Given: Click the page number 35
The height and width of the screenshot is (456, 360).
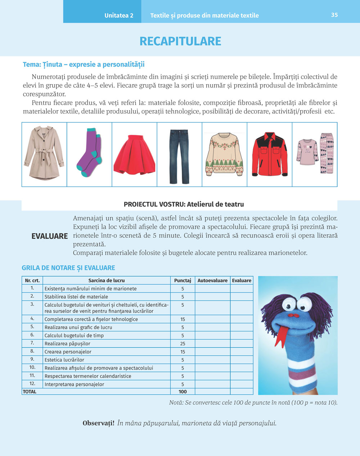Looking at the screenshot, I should point(334,15).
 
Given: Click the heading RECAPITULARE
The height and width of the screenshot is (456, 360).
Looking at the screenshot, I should point(180,41).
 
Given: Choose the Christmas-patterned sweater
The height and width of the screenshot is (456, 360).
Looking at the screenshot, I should point(224,154).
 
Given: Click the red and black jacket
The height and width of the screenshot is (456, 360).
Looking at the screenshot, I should point(270,154).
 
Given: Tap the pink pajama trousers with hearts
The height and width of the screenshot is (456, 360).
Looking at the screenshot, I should point(327,153).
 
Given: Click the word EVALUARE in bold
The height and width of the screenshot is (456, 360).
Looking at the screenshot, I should point(50,236).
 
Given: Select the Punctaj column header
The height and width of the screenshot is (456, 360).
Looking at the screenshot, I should point(183,281).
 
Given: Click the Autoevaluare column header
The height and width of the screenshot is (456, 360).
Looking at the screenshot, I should point(212,281).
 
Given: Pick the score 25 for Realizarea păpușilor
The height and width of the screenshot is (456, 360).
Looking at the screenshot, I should point(183,344).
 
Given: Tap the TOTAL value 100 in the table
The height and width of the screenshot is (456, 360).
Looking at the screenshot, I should point(183,392).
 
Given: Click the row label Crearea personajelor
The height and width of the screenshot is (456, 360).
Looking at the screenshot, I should point(68,352).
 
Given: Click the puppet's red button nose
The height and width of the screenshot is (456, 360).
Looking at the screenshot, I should point(296,315).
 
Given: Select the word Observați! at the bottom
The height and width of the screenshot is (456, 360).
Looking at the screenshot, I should point(98,423).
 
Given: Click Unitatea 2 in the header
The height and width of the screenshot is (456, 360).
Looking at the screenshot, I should point(119,15).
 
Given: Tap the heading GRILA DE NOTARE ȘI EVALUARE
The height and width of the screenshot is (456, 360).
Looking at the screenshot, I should point(68,268).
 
